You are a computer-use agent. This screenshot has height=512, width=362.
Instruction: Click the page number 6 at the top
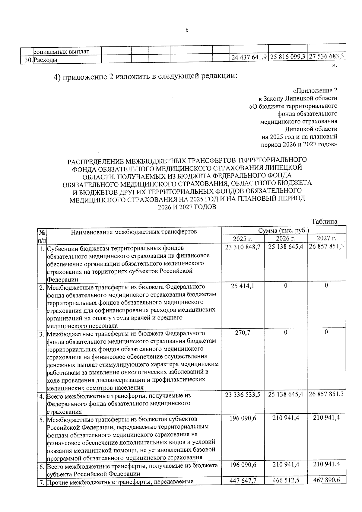187,30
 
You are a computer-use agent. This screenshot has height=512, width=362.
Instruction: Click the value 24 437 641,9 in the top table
249,57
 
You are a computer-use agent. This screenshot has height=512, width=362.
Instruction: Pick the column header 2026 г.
285,239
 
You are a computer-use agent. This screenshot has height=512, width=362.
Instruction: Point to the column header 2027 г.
326,239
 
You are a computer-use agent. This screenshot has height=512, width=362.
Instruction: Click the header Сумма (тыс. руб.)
284,231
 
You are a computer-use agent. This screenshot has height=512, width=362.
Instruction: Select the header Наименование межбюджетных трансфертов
134,232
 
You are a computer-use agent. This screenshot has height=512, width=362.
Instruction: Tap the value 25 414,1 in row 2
243,286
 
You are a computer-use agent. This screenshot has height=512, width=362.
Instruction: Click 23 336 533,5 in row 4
243,394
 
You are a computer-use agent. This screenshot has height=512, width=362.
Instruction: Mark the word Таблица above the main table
324,221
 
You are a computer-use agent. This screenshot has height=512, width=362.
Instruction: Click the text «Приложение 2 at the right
315,91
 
